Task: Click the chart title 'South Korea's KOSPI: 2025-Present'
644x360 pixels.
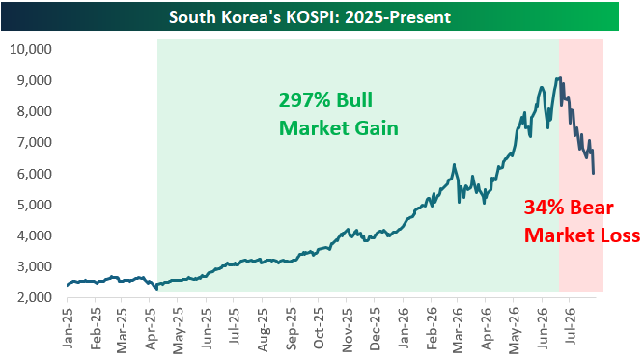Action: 310,17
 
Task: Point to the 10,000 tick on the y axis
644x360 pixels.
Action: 31,49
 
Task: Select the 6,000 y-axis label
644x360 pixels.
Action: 35,174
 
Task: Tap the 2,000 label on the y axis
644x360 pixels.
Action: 35,297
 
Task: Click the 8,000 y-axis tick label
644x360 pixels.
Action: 35,111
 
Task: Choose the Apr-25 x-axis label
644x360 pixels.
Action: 152,328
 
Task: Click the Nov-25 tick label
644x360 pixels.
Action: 347,329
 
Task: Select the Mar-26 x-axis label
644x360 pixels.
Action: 458,329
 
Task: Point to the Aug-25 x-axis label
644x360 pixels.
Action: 263,329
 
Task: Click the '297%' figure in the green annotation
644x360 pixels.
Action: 305,100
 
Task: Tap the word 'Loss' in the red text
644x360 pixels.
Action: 620,235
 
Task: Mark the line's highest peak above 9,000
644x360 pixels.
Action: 560,77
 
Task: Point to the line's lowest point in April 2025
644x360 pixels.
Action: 156,289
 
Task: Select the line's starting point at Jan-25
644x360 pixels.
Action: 68,286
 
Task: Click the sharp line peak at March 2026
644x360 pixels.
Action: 454,165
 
